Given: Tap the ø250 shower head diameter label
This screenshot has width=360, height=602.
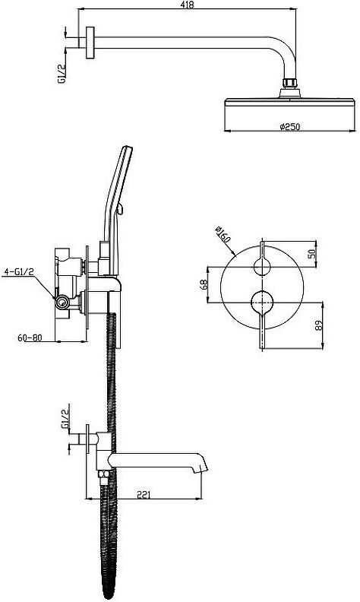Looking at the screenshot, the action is tap(290, 126).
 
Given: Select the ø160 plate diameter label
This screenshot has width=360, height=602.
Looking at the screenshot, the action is tap(223, 234).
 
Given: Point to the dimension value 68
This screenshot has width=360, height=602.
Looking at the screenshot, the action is tap(204, 284).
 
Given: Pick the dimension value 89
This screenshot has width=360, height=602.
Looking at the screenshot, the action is tap(319, 325).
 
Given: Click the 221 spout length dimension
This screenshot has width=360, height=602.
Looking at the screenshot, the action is tap(144, 495).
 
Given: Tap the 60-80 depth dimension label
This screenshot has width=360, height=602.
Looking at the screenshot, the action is tap(30, 337).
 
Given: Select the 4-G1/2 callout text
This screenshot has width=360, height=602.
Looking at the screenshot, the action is tap(18, 272).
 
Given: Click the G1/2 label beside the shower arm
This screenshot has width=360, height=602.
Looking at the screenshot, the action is tap(61, 74).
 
